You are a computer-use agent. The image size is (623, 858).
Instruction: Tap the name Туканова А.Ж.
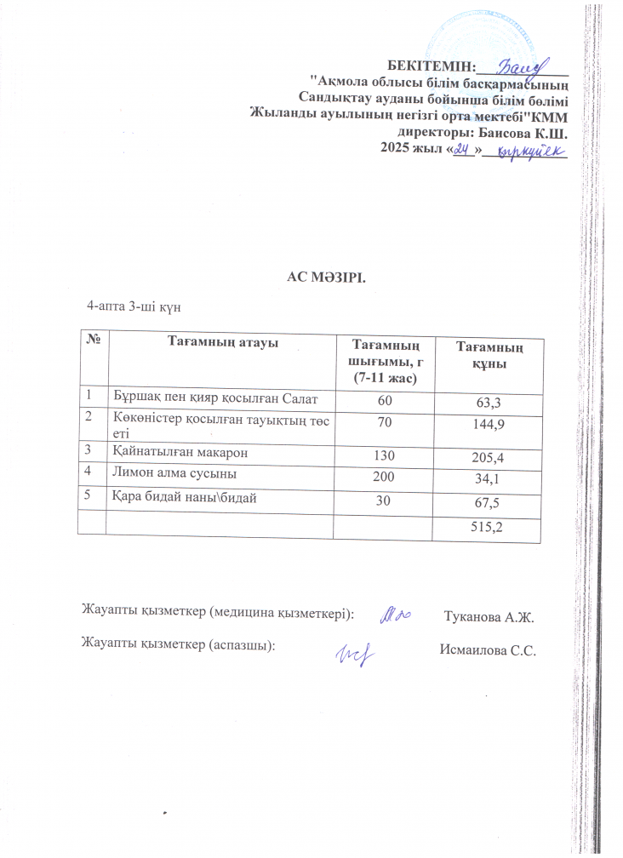(x=494, y=615)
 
